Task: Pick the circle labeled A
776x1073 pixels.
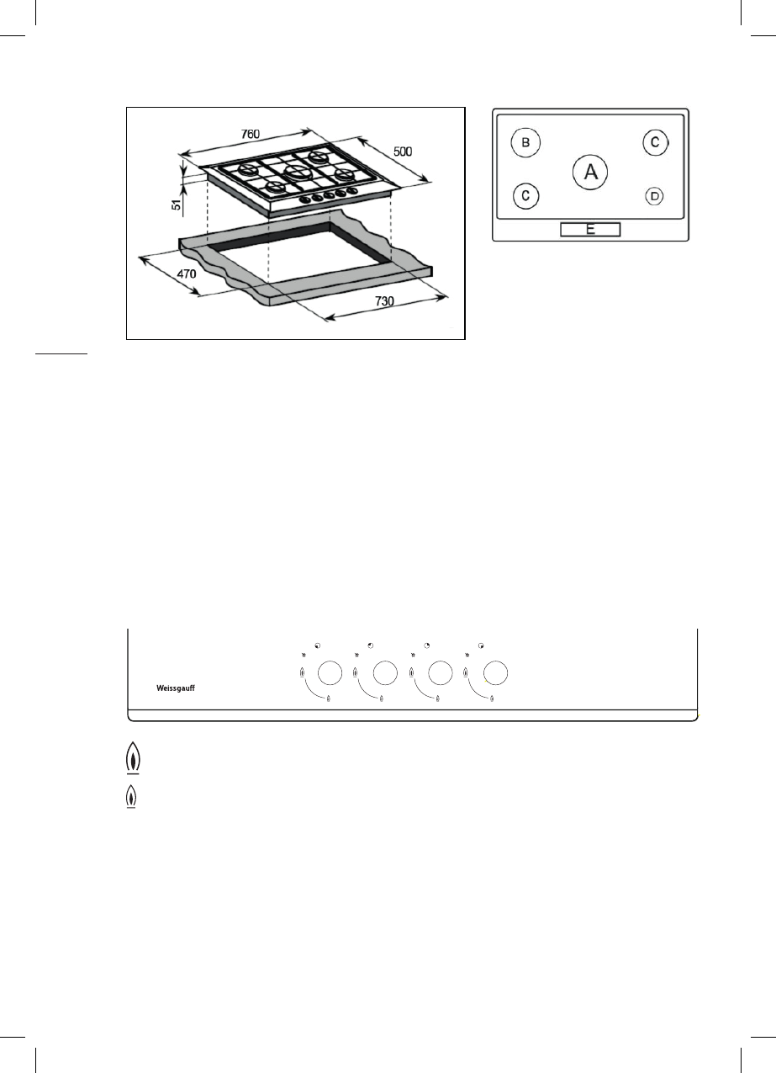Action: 590,172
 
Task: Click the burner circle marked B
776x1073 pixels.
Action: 525,143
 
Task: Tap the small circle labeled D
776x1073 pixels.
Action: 654,196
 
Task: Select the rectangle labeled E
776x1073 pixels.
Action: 590,229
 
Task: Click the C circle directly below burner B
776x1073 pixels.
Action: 525,196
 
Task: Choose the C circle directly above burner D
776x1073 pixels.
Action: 655,142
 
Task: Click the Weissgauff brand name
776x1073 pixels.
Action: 182,688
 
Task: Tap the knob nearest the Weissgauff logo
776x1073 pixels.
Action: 330,672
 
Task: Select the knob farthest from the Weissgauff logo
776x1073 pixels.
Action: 495,672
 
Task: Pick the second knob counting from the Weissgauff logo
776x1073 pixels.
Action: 385,672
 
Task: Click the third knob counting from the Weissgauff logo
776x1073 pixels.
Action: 441,672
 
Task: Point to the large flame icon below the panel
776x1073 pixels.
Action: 131,760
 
